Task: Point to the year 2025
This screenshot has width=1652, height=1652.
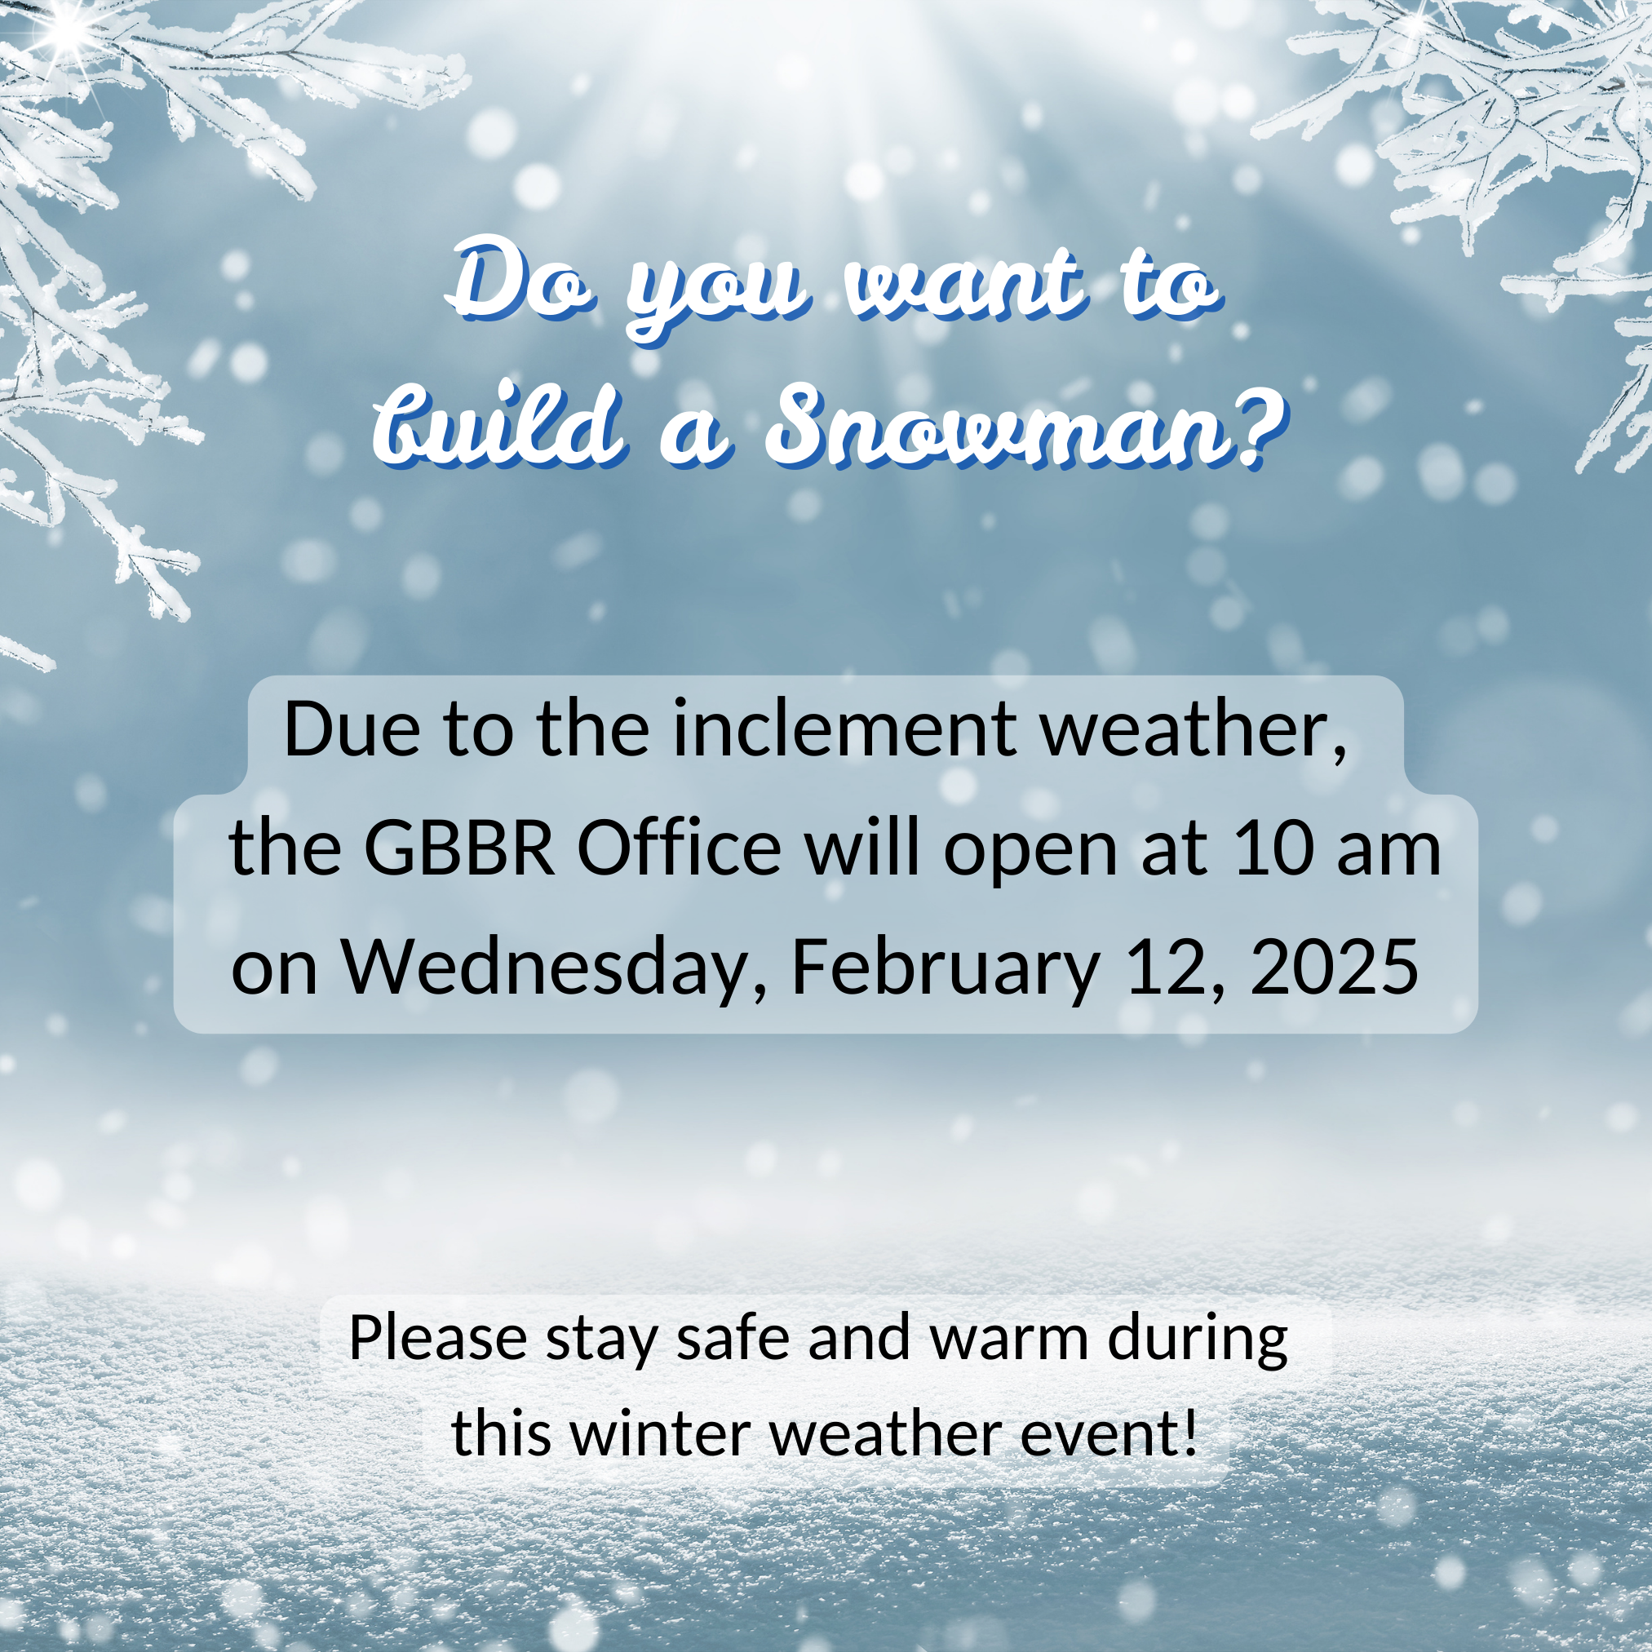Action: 1334,967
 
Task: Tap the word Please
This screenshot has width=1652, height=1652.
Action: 439,1338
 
